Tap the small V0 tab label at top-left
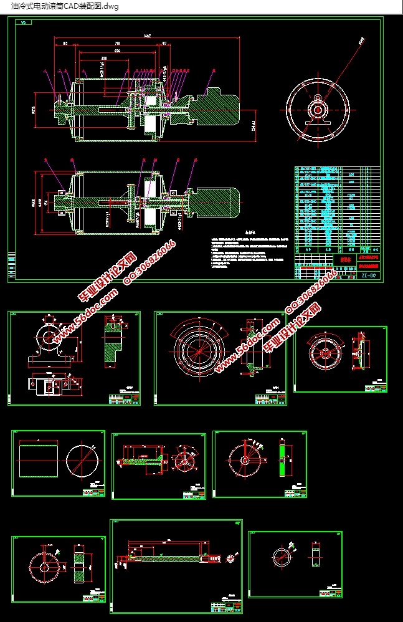(x=24, y=23)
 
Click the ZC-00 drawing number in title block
(x=367, y=274)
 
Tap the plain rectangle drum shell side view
(x=39, y=461)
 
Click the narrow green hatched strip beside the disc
(x=284, y=461)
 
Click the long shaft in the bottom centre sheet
(x=168, y=553)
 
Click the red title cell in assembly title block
(x=343, y=258)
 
